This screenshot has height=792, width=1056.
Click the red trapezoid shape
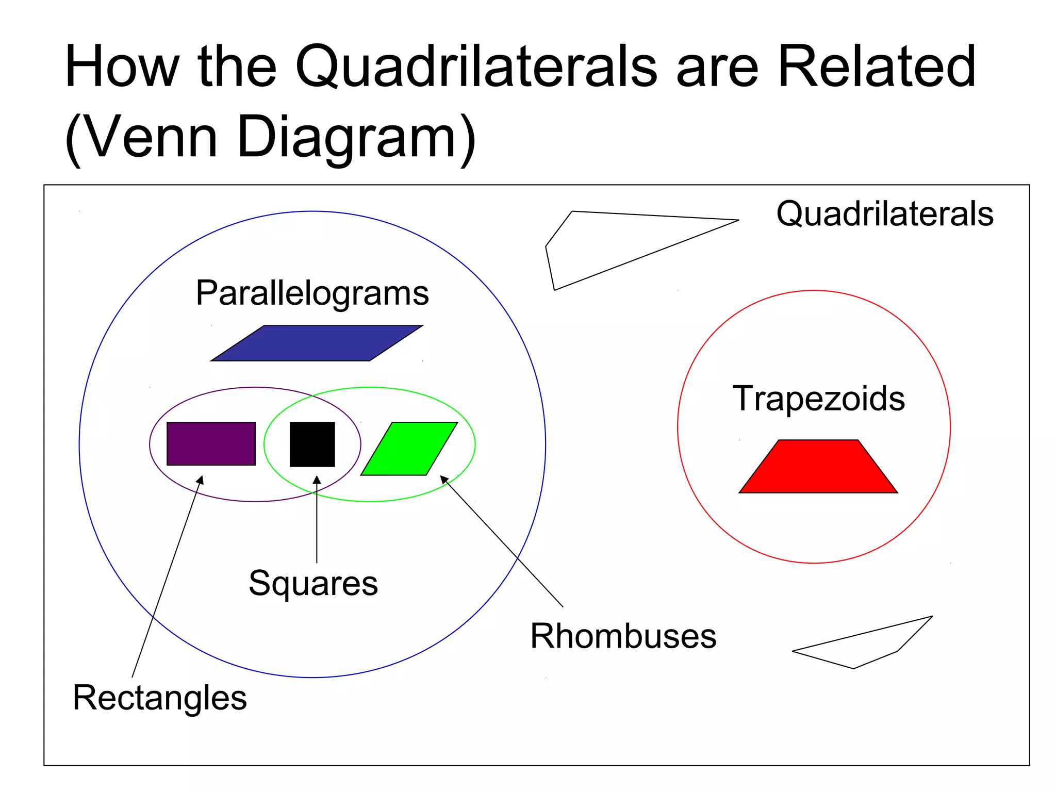[818, 467]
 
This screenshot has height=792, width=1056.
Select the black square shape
[312, 444]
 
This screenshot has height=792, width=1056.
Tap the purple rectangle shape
[211, 444]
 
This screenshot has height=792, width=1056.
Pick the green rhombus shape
[409, 449]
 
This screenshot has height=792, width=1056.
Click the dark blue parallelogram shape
[317, 343]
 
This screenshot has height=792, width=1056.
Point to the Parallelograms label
[312, 293]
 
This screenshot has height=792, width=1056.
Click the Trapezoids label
[818, 399]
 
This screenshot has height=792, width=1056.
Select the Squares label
[313, 583]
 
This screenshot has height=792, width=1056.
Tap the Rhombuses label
[623, 636]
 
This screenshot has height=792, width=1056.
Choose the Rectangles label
[160, 698]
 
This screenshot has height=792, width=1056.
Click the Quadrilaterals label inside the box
[885, 213]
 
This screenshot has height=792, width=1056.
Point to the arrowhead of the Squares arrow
[317, 480]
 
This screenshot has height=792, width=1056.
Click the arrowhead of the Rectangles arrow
[201, 480]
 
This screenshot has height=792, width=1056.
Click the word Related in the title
[876, 67]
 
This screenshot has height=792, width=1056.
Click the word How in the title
[122, 67]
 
